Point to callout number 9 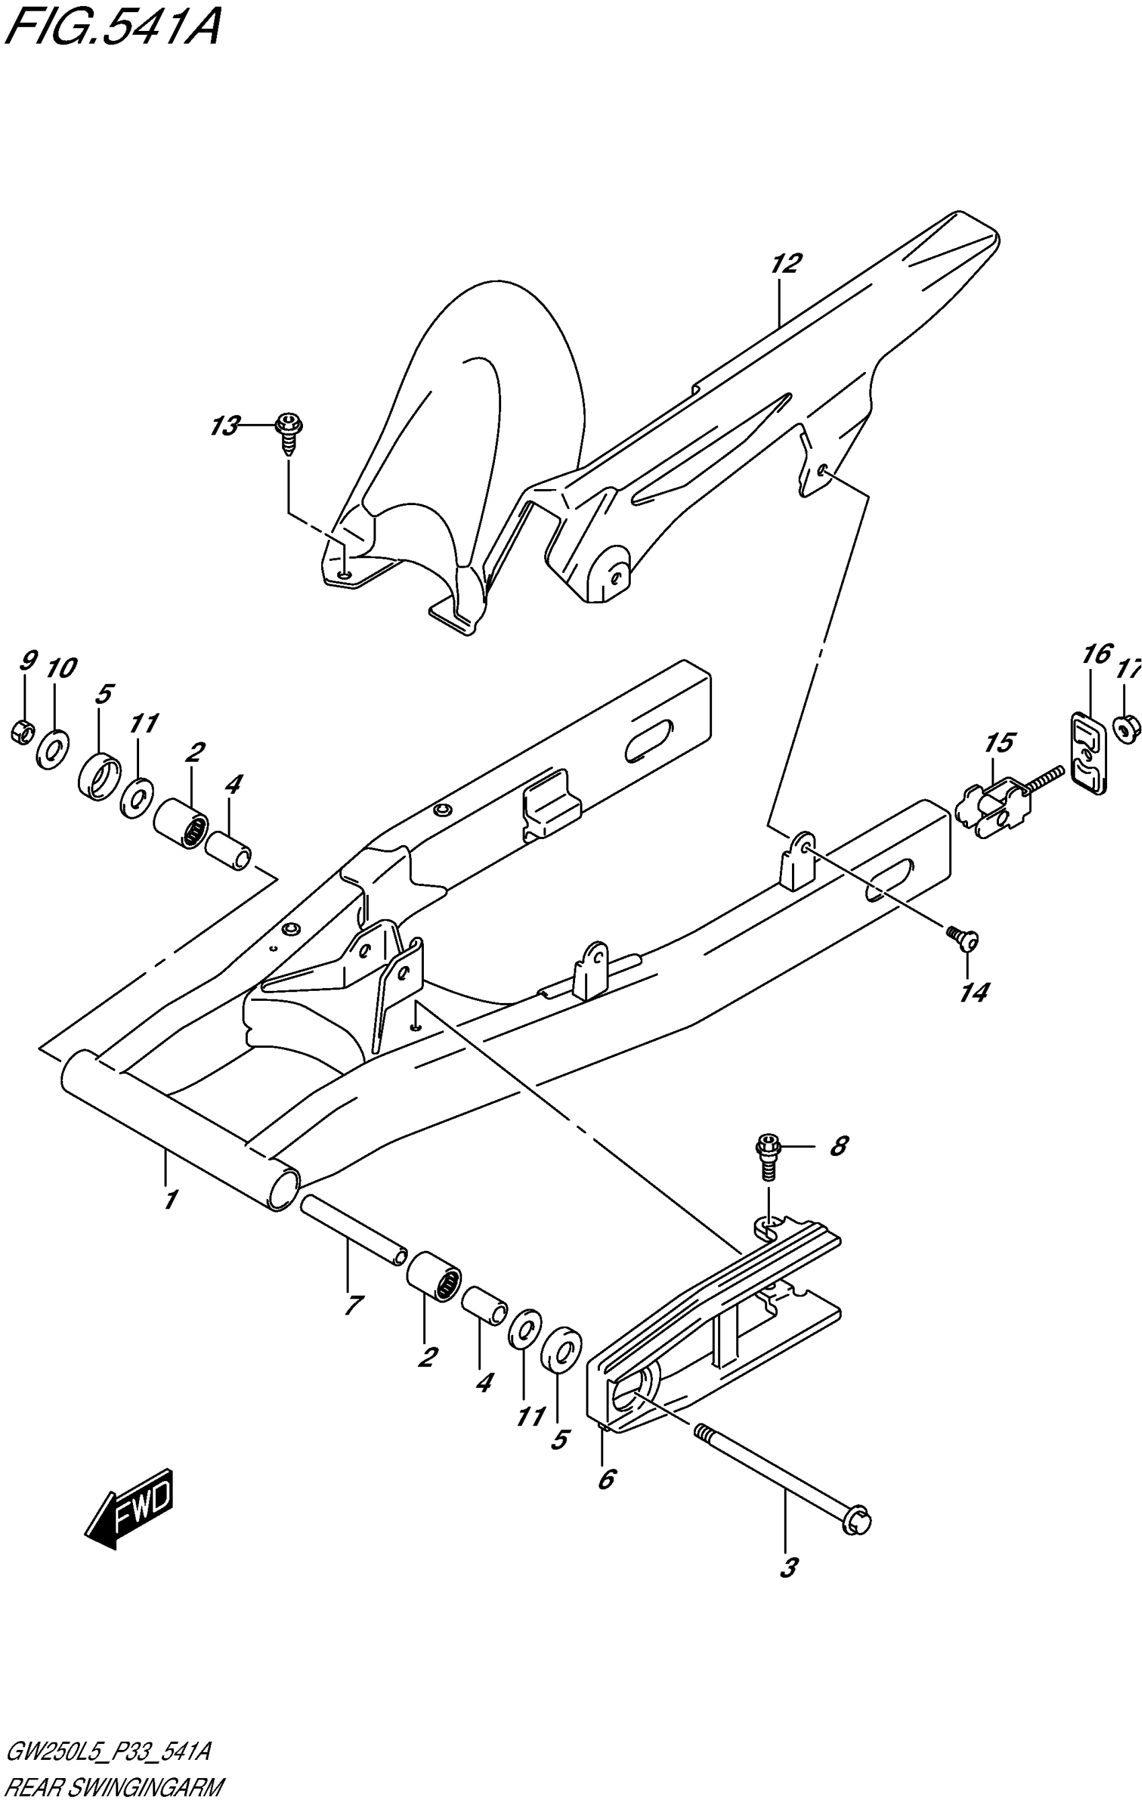click(x=27, y=661)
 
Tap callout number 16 click(x=1097, y=654)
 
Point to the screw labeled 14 click(x=963, y=937)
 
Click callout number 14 click(x=973, y=993)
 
